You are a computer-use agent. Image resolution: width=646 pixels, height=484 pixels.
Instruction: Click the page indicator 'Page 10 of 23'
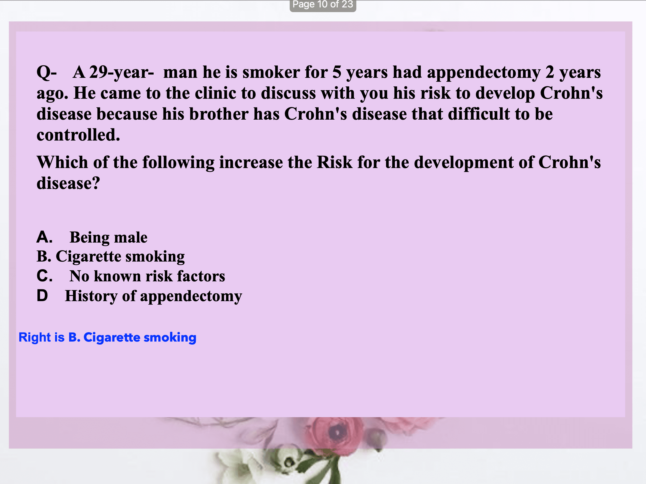pyautogui.click(x=323, y=4)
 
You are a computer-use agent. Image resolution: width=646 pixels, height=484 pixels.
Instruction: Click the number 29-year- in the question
pyautogui.click(x=121, y=72)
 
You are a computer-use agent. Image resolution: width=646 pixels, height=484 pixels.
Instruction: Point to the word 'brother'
pyautogui.click(x=219, y=114)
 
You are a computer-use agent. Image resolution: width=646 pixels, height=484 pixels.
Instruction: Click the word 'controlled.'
pyautogui.click(x=78, y=135)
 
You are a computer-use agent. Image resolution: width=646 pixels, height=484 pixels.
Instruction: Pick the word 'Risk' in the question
pyautogui.click(x=334, y=162)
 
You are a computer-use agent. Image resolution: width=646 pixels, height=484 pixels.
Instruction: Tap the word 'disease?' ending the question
pyautogui.click(x=68, y=183)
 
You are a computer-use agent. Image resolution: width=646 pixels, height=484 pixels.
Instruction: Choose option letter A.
pyautogui.click(x=44, y=237)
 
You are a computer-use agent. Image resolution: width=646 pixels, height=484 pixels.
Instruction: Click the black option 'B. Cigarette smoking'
pyautogui.click(x=111, y=257)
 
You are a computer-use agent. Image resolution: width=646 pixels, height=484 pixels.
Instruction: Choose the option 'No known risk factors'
pyautogui.click(x=147, y=276)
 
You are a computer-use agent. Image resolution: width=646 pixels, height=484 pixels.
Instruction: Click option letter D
pyautogui.click(x=42, y=296)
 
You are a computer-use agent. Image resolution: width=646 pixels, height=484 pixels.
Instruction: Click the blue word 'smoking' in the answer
pyautogui.click(x=170, y=337)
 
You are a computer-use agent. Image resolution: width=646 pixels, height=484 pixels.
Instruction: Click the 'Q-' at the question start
pyautogui.click(x=47, y=72)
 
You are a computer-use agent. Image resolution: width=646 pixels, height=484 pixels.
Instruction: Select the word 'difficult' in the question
pyautogui.click(x=479, y=114)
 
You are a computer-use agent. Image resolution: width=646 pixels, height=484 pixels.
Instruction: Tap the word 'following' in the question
pyautogui.click(x=178, y=163)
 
